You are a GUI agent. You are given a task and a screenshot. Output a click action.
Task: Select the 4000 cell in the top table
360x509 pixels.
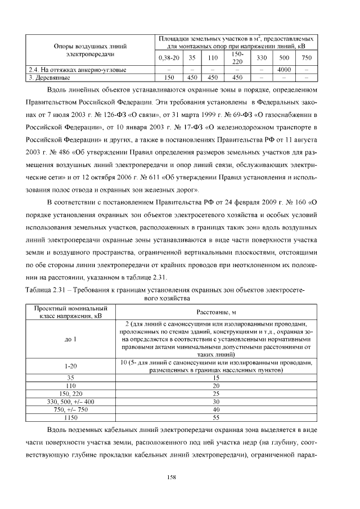[283, 70]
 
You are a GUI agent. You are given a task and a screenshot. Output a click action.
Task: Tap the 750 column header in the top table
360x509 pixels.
[306, 58]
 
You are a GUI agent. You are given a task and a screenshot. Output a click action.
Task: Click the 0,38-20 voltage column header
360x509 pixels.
[169, 58]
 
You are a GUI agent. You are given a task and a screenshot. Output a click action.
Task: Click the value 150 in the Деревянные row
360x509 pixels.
[168, 77]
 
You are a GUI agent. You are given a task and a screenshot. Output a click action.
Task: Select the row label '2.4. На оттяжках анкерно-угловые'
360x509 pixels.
[78, 70]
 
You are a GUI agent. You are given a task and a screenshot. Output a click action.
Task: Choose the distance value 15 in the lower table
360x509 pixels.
[216, 379]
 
